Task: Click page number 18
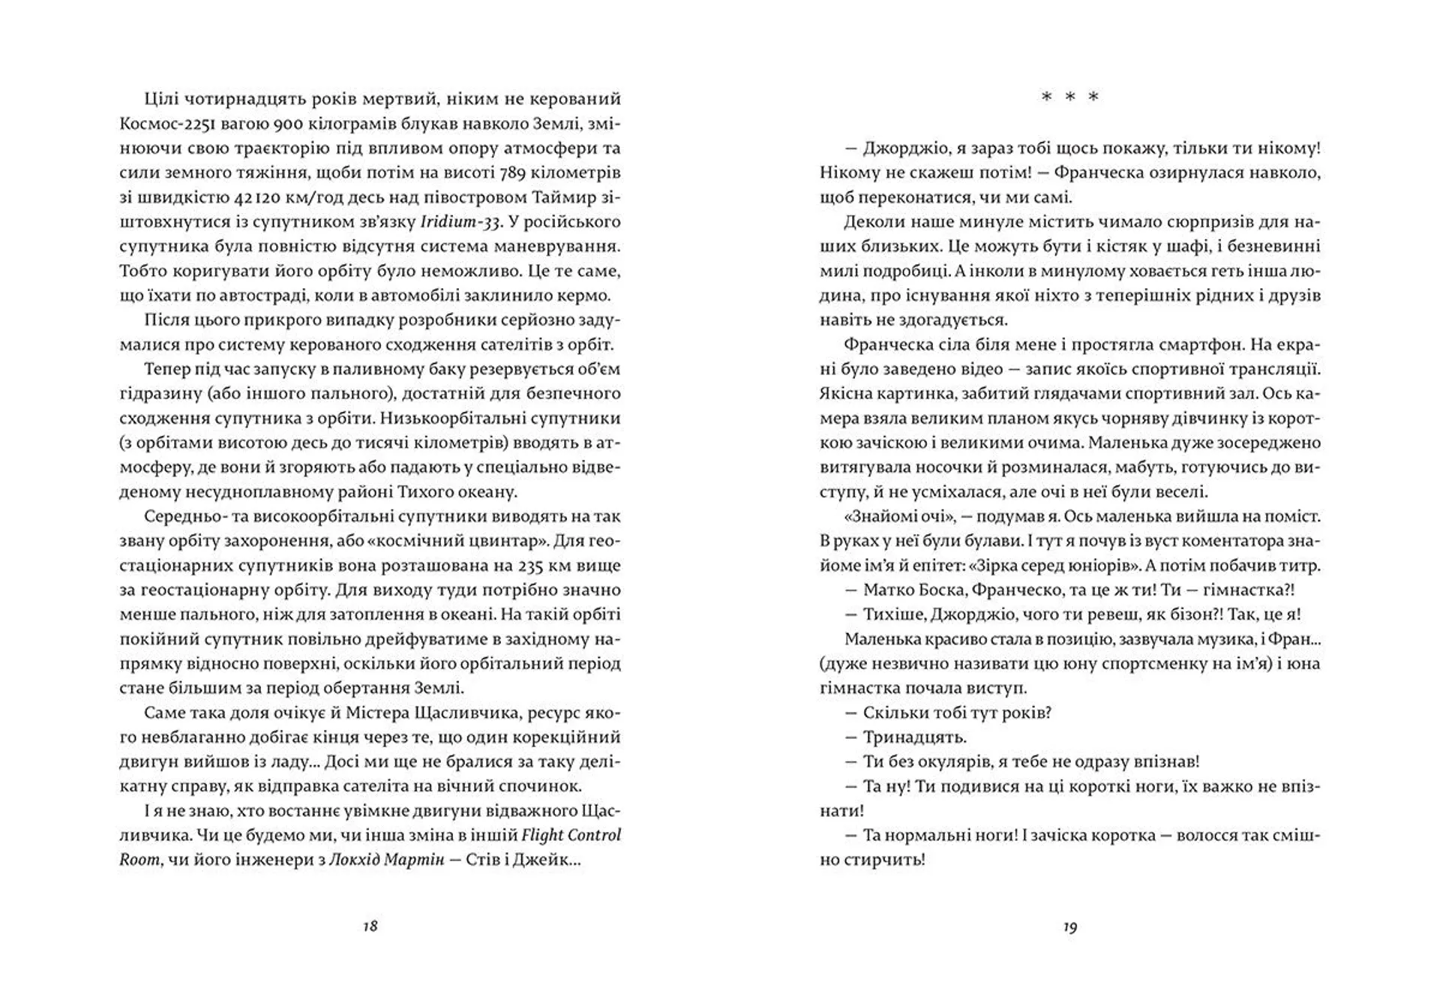point(370,926)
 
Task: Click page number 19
point(1070,927)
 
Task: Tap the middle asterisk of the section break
point(1070,98)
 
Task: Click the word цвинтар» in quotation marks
point(511,541)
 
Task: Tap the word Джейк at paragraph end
point(550,860)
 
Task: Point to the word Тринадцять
point(904,737)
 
